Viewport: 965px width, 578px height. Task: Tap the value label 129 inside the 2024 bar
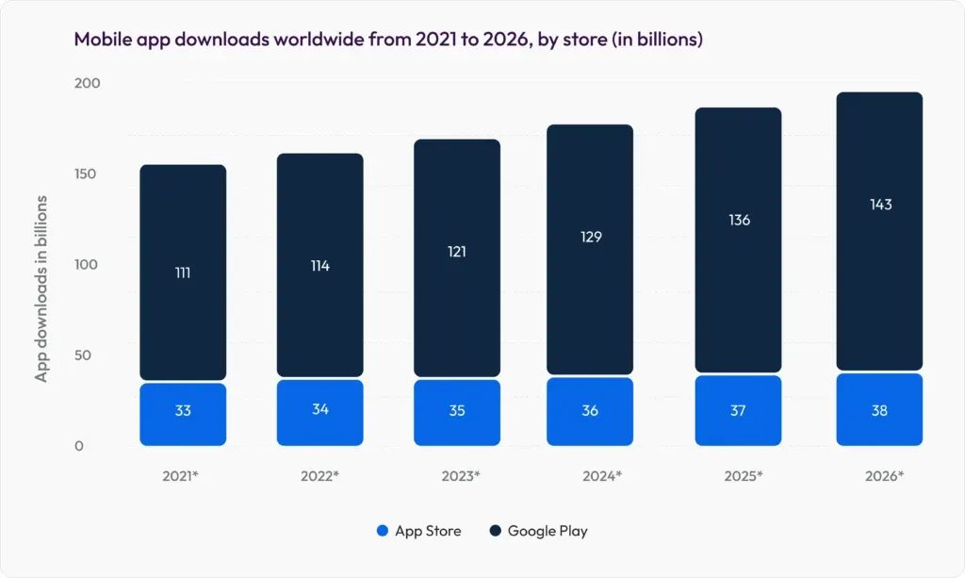click(590, 237)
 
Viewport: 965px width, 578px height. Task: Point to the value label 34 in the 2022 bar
click(319, 410)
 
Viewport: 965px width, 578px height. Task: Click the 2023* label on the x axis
click(461, 476)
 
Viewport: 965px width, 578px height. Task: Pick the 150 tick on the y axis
click(87, 174)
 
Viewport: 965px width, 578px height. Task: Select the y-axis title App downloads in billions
click(41, 289)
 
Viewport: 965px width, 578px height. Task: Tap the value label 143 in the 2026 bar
click(879, 205)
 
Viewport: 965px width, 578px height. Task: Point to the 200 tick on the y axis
click(87, 84)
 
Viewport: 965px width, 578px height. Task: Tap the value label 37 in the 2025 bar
click(738, 410)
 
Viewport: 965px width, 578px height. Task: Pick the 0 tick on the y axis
click(79, 446)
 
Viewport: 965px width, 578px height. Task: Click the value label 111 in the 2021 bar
click(183, 272)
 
